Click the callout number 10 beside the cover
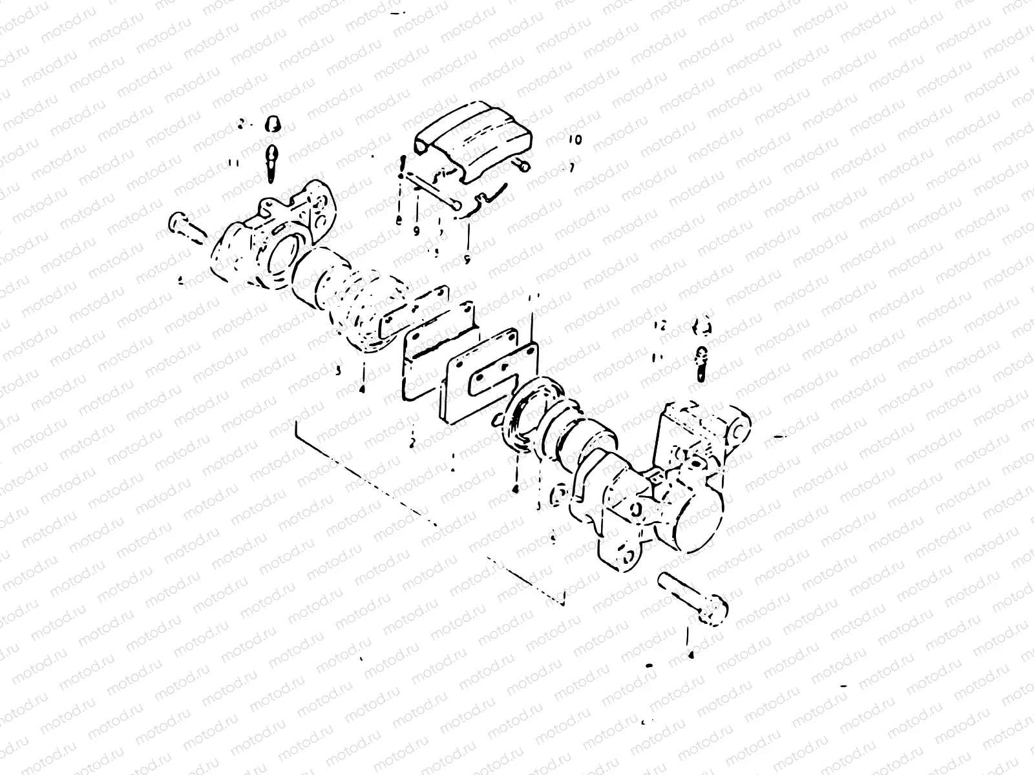click(575, 139)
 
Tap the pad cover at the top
click(472, 139)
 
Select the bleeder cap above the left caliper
click(273, 123)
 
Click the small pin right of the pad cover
click(522, 167)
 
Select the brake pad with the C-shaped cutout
click(491, 375)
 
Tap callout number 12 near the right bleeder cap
click(660, 324)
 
